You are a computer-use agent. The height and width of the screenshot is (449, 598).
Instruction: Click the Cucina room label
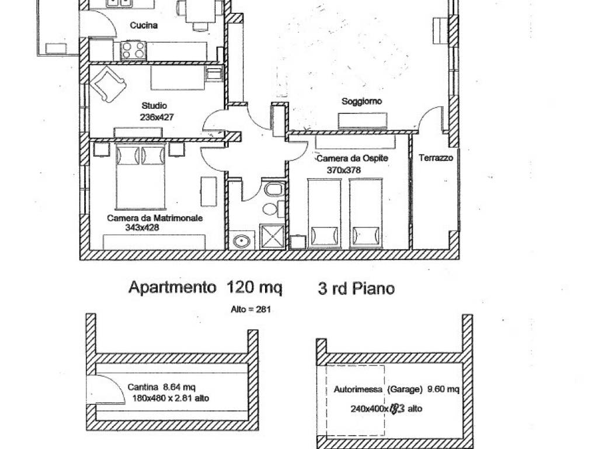pos(144,25)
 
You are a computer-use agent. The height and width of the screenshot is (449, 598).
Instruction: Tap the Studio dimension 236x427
pos(157,117)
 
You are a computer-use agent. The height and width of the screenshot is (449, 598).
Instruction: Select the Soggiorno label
pos(361,101)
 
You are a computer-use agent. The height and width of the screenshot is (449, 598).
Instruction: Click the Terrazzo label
pos(436,158)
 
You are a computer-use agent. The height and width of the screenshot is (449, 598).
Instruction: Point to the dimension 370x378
pos(343,170)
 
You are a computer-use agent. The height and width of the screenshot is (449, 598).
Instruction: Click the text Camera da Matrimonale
pos(155,218)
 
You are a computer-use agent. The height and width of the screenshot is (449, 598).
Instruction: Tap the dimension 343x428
pos(142,228)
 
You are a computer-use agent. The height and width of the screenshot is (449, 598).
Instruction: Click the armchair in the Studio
pos(108,84)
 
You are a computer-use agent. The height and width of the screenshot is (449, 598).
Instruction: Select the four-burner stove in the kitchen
pos(134,50)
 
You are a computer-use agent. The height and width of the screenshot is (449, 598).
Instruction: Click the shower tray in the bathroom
pos(272,237)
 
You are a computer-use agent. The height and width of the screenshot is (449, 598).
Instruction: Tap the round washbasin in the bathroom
pos(242,241)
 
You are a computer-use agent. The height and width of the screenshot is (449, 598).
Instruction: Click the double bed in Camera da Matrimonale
pos(141,177)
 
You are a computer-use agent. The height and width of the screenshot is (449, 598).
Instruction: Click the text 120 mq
pos(255,288)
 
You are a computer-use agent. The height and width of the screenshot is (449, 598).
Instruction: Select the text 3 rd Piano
pos(356,288)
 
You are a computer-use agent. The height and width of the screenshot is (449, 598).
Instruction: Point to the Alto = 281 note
pos(251,309)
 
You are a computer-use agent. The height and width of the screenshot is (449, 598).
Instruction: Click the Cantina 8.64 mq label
pos(162,387)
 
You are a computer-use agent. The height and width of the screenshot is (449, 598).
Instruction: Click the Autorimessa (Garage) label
pos(378,389)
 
